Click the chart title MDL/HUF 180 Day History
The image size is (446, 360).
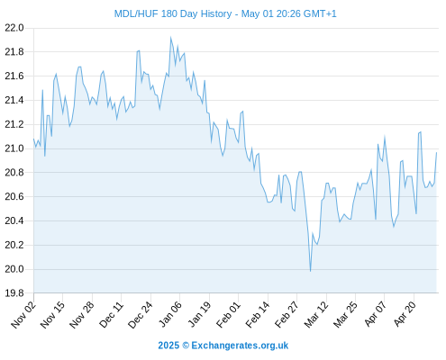tap(173, 13)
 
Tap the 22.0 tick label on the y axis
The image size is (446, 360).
tap(14, 28)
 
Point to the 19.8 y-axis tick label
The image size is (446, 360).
tap(14, 293)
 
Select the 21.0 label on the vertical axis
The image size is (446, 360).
tap(14, 148)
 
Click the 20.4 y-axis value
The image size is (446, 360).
tap(14, 220)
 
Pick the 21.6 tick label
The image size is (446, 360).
tap(14, 76)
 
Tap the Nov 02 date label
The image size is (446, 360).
tap(23, 315)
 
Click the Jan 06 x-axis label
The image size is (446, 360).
tap(170, 315)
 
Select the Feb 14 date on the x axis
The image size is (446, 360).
tap(258, 315)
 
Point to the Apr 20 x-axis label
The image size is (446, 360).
tap(405, 314)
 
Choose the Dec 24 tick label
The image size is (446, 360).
tap(141, 315)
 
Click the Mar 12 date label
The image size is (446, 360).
tap(316, 315)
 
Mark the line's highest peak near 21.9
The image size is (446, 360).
tap(170, 38)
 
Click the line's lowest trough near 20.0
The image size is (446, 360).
tap(310, 271)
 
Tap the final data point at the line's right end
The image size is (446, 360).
tap(436, 152)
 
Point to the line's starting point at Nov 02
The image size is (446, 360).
tap(33, 139)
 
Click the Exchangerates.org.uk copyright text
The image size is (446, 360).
tap(240, 346)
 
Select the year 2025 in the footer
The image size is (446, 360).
tap(168, 346)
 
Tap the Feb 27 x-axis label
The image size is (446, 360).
tap(287, 315)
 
